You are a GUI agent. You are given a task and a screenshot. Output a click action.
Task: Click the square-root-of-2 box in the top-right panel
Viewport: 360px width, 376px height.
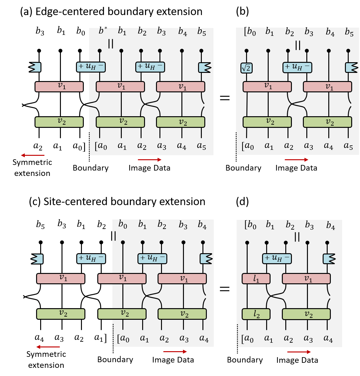click(246, 68)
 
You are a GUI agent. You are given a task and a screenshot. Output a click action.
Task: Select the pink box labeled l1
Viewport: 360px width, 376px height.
click(256, 279)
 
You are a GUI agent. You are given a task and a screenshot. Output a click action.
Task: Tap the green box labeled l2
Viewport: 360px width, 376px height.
click(256, 314)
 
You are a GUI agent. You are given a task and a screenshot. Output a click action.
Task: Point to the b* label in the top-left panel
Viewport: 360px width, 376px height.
click(103, 31)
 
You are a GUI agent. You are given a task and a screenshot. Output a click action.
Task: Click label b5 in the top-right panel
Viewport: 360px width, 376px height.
click(349, 32)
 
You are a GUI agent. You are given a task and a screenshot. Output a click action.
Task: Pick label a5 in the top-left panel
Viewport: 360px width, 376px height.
click(201, 146)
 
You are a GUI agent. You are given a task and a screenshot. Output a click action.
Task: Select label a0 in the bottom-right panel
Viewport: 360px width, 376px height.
click(248, 339)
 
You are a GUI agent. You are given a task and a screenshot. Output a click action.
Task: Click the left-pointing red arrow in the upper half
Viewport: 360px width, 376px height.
click(33, 155)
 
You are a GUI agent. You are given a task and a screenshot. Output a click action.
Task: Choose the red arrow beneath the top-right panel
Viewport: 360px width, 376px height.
click(296, 160)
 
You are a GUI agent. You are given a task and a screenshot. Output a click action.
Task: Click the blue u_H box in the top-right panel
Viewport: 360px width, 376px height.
click(297, 67)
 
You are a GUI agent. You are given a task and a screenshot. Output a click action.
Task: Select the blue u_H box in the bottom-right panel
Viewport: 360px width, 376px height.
click(277, 259)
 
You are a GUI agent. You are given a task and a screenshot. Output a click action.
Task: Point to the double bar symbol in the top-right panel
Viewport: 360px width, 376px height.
click(298, 46)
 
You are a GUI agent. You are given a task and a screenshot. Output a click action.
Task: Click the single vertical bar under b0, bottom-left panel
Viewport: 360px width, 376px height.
click(115, 236)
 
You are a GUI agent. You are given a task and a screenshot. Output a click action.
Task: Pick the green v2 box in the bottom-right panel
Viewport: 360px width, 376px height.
click(306, 314)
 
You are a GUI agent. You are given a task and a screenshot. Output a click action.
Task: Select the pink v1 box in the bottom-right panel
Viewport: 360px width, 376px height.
click(306, 279)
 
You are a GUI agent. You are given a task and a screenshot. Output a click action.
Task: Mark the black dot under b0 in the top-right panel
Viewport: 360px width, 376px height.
click(246, 51)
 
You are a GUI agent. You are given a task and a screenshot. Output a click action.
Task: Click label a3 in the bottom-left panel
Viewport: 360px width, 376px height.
click(184, 339)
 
